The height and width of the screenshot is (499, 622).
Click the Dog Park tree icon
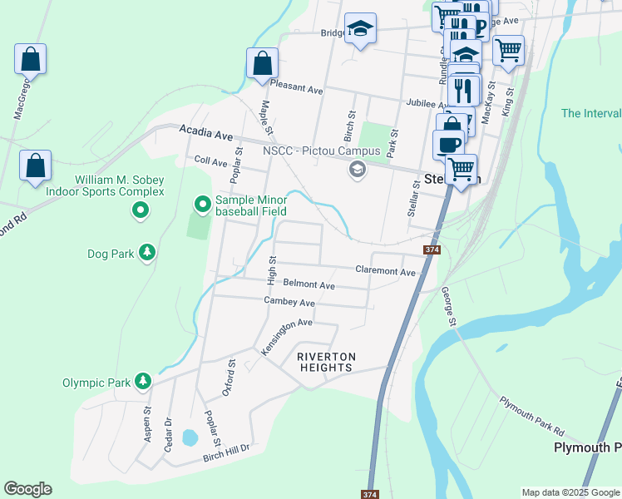point(147,251)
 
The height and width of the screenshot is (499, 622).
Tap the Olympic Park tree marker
point(144,382)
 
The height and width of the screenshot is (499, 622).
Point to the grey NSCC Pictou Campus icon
point(358,170)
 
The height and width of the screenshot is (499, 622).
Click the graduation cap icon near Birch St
point(360,28)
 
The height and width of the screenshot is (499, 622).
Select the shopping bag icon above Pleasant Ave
point(262,63)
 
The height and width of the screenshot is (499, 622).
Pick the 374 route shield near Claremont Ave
point(431,249)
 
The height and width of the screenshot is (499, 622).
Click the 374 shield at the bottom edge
point(370,494)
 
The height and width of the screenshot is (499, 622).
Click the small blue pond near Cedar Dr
point(190,437)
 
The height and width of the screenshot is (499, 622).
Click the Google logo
point(27,489)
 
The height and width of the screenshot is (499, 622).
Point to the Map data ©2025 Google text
point(570,492)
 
